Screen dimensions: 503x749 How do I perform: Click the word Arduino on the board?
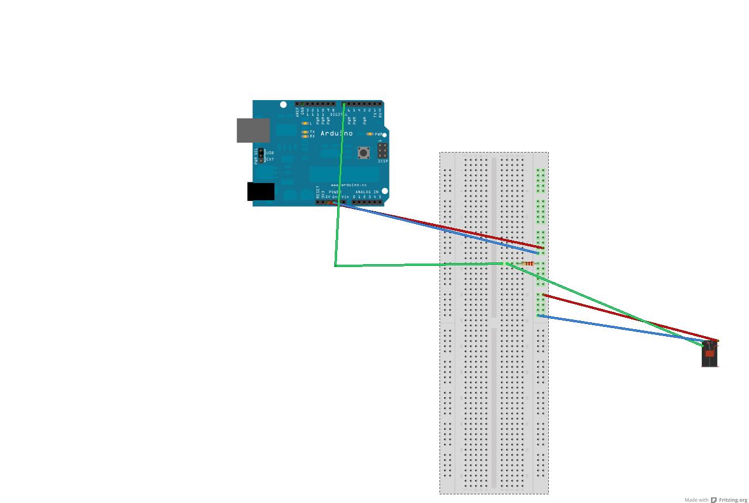coord(337,134)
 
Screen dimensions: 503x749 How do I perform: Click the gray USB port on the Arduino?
coord(253,130)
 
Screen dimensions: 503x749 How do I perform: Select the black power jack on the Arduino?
coord(261,192)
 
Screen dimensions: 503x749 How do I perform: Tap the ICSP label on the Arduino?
coord(383,161)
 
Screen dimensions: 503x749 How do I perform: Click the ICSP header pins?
coord(382,151)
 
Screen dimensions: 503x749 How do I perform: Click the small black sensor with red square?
coord(710,354)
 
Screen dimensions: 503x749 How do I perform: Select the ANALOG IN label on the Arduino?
coord(366,192)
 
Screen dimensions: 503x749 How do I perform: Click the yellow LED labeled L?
coord(305,123)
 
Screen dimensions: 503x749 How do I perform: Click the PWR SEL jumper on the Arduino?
coord(261,155)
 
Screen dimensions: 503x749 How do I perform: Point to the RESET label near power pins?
coord(318,191)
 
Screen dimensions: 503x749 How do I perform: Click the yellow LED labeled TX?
coord(305,132)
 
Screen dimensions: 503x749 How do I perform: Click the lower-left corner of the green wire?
coord(335,266)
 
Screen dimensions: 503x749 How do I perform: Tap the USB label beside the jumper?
coord(270,153)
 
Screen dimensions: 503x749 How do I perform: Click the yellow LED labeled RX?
coord(305,136)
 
